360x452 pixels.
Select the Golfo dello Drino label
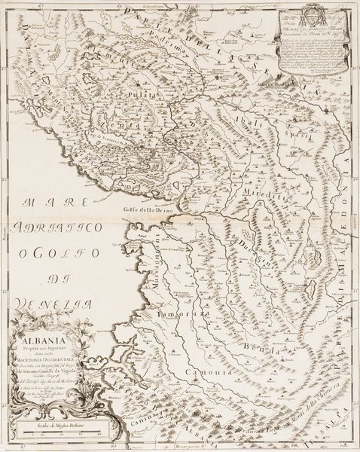tap(145, 212)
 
